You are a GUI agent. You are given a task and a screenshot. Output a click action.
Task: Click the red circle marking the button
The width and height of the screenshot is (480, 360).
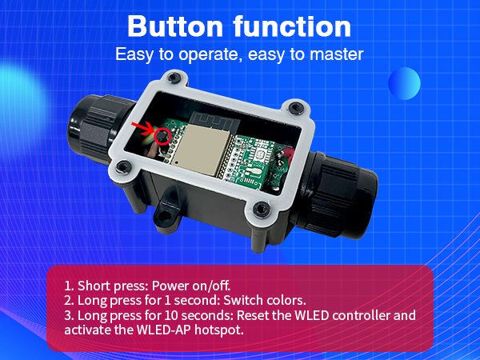(x=165, y=135)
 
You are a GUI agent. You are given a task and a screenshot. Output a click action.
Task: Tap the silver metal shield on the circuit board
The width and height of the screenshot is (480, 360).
(x=200, y=151)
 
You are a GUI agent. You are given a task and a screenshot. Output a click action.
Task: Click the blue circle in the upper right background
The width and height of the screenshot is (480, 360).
(x=404, y=84)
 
